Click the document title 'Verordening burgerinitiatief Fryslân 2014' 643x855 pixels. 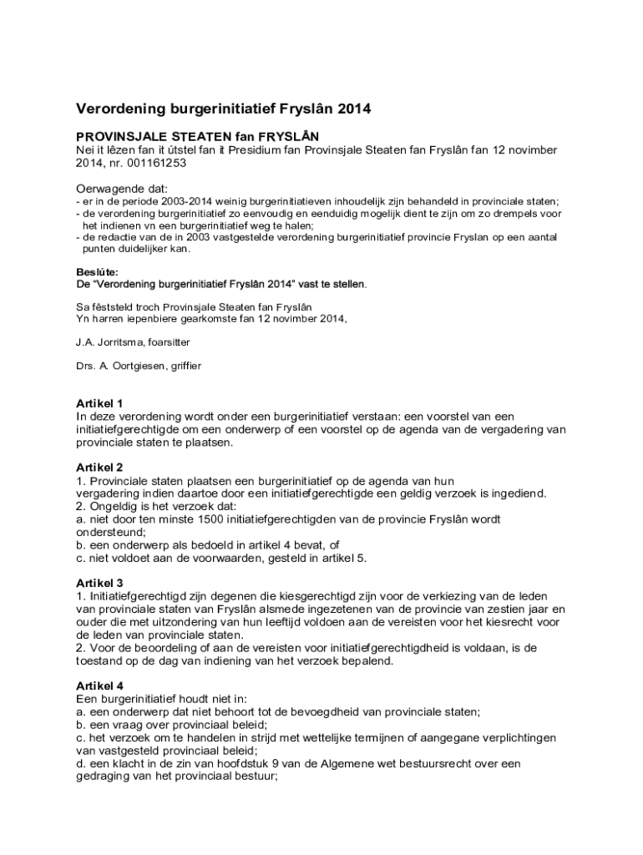click(x=223, y=109)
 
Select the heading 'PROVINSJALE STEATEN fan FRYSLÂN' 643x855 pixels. click(x=197, y=136)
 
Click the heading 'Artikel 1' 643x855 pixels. click(x=100, y=402)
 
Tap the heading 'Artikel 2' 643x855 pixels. click(x=100, y=467)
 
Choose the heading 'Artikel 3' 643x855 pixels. click(x=100, y=582)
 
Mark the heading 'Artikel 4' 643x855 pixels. click(x=100, y=685)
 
